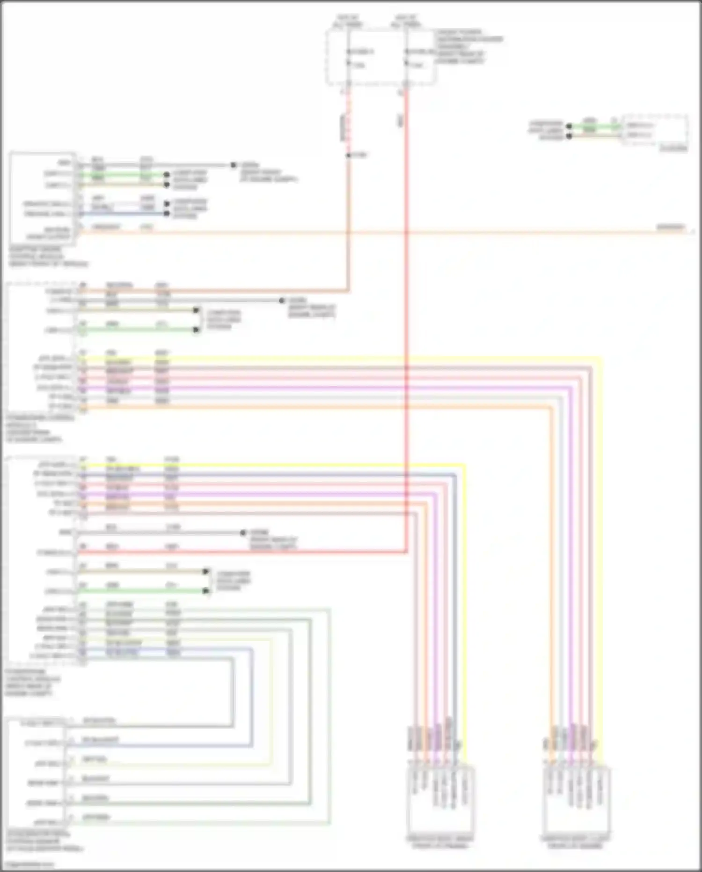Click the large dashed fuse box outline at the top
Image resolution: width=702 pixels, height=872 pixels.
coord(381,57)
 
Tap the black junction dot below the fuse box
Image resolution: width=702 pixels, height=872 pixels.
coord(348,155)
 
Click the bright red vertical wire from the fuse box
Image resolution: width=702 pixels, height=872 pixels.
coord(406,281)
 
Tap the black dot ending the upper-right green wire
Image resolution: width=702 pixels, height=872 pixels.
coord(569,127)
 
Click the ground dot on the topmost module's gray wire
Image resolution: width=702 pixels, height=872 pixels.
coord(233,165)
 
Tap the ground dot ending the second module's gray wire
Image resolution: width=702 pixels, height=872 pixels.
coord(282,300)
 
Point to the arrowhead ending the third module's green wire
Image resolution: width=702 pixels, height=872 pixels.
coord(206,591)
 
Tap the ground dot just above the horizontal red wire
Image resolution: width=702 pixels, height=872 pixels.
coord(243,533)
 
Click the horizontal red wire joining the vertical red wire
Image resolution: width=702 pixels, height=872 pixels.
coord(243,552)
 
